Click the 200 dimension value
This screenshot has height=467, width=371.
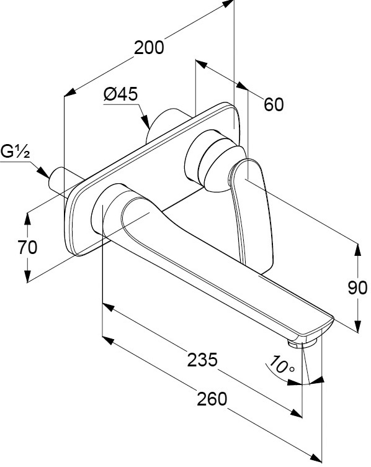coord(149,48)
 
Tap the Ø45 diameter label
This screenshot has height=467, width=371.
coord(121,94)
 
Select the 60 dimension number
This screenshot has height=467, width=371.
coord(274,104)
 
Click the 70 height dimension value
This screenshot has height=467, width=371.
coord(27,247)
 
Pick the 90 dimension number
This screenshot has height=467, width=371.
coord(357,288)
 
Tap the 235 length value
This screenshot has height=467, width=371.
coord(202,360)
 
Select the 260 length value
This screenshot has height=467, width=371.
coord(212,399)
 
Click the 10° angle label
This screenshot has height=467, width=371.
coord(281,365)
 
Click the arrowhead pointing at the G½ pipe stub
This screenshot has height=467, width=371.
coord(43,173)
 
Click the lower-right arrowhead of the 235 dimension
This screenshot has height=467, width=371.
coord(296,414)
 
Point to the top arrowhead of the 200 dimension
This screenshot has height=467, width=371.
coord(228,4)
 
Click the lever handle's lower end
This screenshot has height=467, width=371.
coord(258,263)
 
